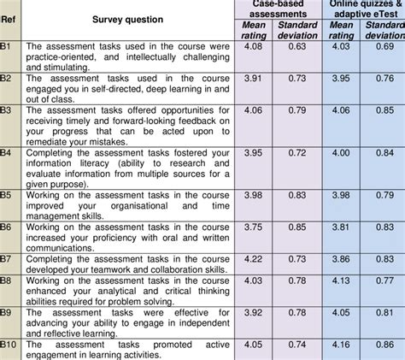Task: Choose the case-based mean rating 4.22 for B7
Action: coord(253,257)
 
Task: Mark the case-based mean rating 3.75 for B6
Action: coord(253,227)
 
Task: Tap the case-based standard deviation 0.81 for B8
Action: coord(296,280)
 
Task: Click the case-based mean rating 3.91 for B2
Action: coord(253,77)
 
